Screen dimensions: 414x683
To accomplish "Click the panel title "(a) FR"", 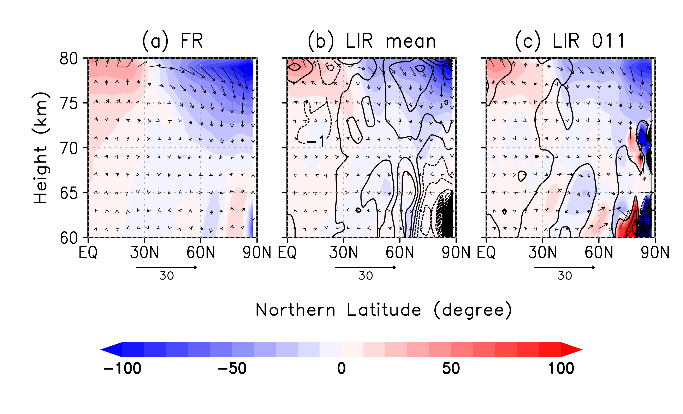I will point(172,41).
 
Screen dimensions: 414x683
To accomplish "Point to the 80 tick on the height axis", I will point(69,59).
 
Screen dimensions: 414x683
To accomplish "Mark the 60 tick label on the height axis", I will point(69,238).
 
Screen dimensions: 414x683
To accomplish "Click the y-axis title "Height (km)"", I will point(41,148).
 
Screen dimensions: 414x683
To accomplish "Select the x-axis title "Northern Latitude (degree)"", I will point(383,310).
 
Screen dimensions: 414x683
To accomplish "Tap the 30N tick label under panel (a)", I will point(144,253).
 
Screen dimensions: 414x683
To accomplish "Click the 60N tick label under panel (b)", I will point(400,253).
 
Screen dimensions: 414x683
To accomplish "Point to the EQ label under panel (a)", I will point(88,253).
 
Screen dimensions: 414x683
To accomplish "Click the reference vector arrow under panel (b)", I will point(366,267).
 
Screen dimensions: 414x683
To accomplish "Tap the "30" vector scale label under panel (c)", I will point(565,276).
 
